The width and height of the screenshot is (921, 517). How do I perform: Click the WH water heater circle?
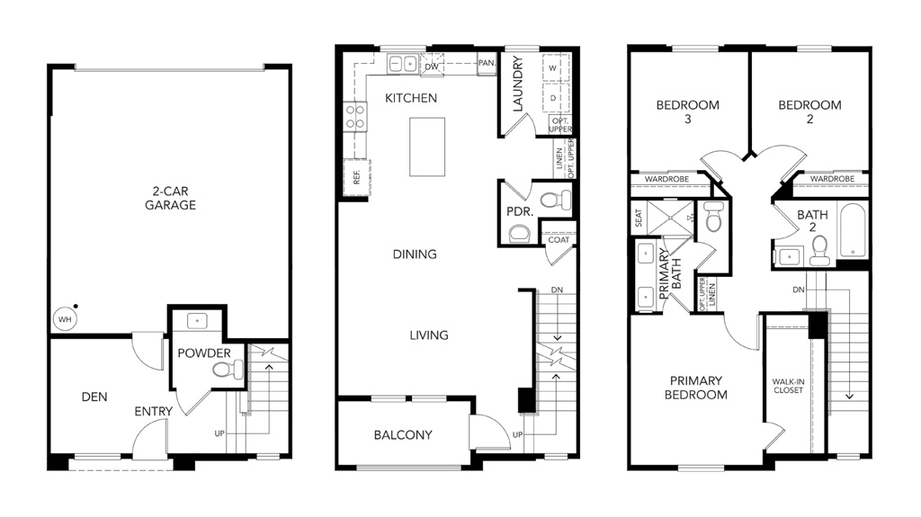pyautogui.click(x=65, y=319)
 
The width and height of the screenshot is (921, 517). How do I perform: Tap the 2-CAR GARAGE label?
pyautogui.click(x=170, y=198)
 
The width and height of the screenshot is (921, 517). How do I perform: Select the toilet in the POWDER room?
pyautogui.click(x=228, y=370)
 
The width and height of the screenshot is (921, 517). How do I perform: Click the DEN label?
pyautogui.click(x=94, y=397)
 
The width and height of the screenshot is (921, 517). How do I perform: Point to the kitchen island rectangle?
pyautogui.click(x=427, y=147)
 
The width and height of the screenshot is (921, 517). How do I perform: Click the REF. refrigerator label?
pyautogui.click(x=356, y=177)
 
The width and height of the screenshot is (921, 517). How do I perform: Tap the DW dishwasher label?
pyautogui.click(x=432, y=67)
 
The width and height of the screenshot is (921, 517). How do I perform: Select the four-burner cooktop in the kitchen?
pyautogui.click(x=354, y=116)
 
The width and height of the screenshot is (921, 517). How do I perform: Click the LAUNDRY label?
pyautogui.click(x=517, y=84)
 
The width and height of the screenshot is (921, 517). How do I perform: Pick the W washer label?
pyautogui.click(x=553, y=68)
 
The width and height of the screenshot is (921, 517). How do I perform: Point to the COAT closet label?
pyautogui.click(x=559, y=240)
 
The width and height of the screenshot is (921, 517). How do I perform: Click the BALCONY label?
pyautogui.click(x=403, y=435)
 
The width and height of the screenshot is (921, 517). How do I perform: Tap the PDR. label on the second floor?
pyautogui.click(x=520, y=211)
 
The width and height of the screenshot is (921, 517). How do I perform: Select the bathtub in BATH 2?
pyautogui.click(x=853, y=230)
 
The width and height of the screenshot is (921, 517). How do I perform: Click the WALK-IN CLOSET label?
pyautogui.click(x=788, y=386)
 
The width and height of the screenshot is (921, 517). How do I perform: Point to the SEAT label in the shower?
pyautogui.click(x=639, y=218)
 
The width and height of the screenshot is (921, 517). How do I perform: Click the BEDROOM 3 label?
pyautogui.click(x=688, y=111)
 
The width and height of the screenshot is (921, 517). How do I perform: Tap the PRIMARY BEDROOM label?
pyautogui.click(x=696, y=388)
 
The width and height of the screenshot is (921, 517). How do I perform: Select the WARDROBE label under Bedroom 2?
pyautogui.click(x=832, y=179)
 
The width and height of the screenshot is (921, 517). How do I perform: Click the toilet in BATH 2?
pyautogui.click(x=818, y=252)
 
